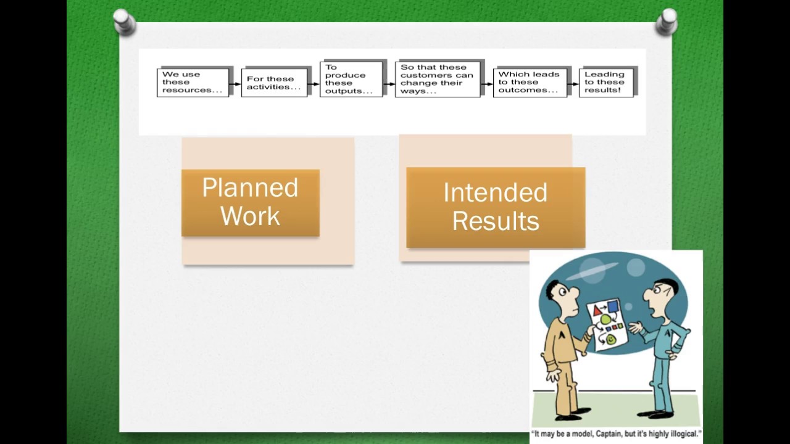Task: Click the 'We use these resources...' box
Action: click(193, 82)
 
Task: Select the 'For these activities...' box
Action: click(274, 83)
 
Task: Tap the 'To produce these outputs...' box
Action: click(350, 80)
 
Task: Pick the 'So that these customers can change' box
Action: click(438, 80)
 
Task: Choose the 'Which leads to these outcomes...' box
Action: click(529, 82)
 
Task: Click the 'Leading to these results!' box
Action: click(605, 82)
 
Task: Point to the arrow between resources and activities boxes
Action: click(235, 83)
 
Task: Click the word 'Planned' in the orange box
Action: click(250, 188)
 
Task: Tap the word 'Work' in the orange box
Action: click(250, 216)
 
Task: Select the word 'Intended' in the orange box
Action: click(495, 193)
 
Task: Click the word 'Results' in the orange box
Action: click(495, 221)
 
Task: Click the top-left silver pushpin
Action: click(124, 22)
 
